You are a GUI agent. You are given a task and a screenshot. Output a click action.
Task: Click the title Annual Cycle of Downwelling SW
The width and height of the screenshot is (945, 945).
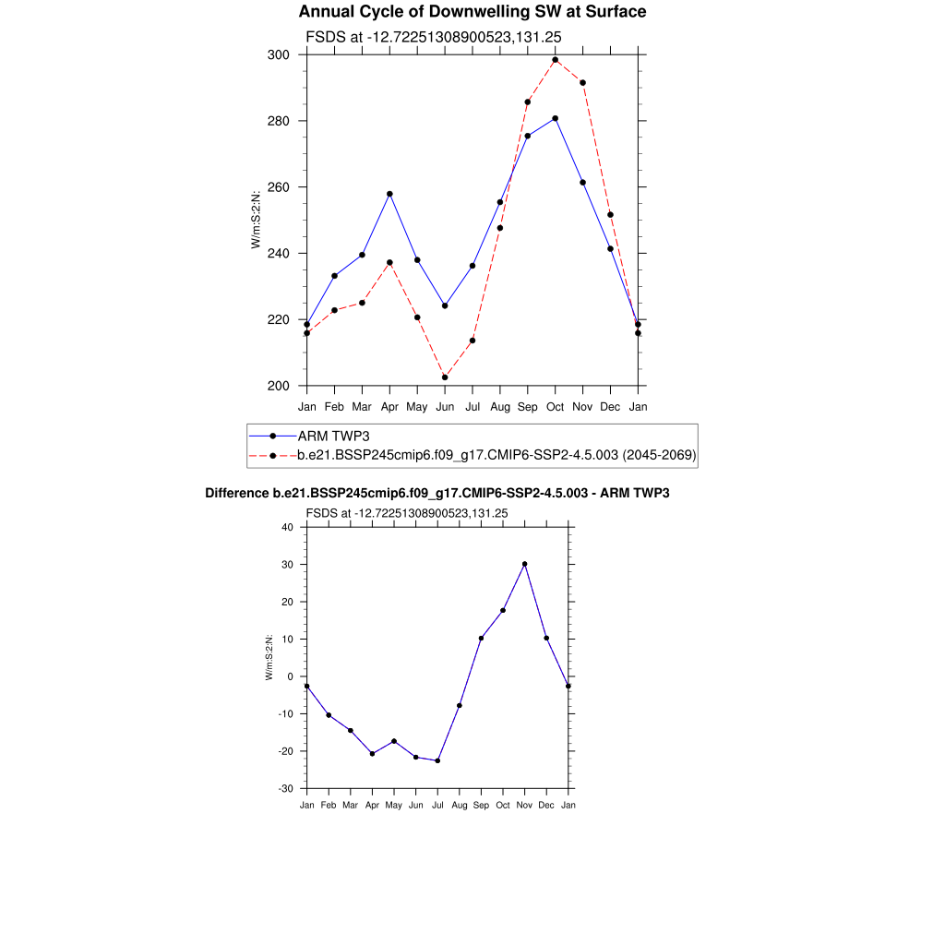[472, 12]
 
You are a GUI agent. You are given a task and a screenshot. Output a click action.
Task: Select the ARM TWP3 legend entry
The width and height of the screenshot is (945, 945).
[333, 436]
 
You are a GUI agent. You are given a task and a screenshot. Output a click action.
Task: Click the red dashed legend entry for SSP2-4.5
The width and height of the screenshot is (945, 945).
[496, 455]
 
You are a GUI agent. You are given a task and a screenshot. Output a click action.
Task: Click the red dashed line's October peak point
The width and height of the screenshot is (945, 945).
[555, 60]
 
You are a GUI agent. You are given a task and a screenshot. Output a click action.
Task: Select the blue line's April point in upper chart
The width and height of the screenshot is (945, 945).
[389, 194]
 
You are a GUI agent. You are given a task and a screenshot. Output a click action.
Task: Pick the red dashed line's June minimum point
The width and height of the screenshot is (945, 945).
[445, 377]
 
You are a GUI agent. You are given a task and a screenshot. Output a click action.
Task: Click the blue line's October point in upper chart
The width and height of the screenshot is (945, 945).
[555, 118]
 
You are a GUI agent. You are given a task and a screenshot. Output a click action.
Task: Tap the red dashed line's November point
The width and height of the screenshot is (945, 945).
[582, 83]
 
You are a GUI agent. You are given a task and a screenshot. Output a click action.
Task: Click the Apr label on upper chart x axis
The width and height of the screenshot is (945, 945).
[389, 406]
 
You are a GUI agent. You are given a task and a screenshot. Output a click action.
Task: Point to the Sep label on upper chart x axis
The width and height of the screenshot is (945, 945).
[527, 406]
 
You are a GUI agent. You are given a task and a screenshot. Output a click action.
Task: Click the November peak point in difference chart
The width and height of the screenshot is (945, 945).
[524, 564]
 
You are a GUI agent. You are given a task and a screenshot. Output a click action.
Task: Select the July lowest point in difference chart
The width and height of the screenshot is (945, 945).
[437, 760]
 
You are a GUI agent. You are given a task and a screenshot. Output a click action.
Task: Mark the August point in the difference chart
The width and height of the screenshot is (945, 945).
[459, 705]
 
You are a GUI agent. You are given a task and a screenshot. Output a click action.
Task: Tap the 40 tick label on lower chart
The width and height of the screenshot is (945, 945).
[287, 527]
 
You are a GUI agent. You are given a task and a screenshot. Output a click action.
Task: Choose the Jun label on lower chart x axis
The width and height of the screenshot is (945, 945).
[415, 806]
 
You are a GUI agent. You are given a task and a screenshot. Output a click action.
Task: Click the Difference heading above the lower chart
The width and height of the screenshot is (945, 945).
[437, 494]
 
